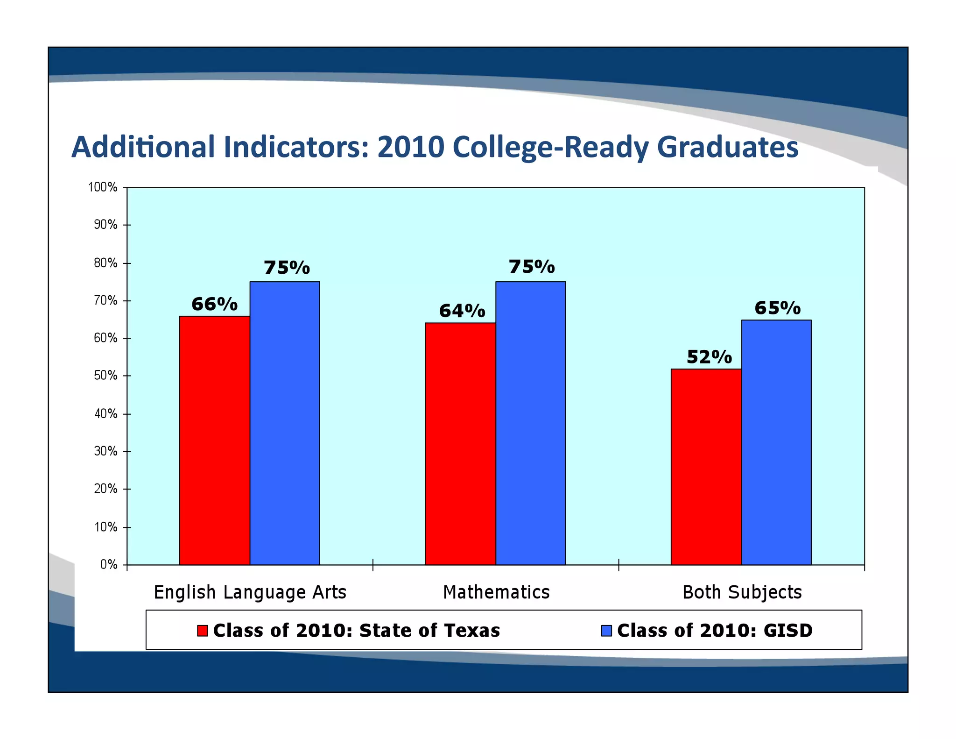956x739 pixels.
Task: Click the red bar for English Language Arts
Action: point(214,440)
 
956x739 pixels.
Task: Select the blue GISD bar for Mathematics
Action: point(530,423)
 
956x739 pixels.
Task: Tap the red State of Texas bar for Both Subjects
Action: point(706,467)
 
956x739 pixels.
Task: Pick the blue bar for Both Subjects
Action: point(776,442)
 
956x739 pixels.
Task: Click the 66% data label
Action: point(214,305)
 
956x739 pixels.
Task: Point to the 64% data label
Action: point(462,311)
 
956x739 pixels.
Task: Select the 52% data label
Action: point(709,357)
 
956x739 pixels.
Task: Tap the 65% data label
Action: point(777,308)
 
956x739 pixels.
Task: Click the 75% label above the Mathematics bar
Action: point(531,267)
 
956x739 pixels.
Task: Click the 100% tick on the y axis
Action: point(103,187)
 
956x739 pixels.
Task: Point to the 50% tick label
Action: point(105,376)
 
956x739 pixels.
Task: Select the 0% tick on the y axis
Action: point(108,565)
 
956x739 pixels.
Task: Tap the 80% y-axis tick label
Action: point(105,263)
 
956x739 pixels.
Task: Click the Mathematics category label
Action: point(496,592)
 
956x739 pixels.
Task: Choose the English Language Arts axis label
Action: point(250,592)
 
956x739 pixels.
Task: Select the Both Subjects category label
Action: point(742,592)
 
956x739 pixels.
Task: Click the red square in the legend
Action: point(202,631)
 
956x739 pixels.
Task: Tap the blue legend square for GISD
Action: point(606,631)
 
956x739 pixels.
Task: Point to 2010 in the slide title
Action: point(410,147)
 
